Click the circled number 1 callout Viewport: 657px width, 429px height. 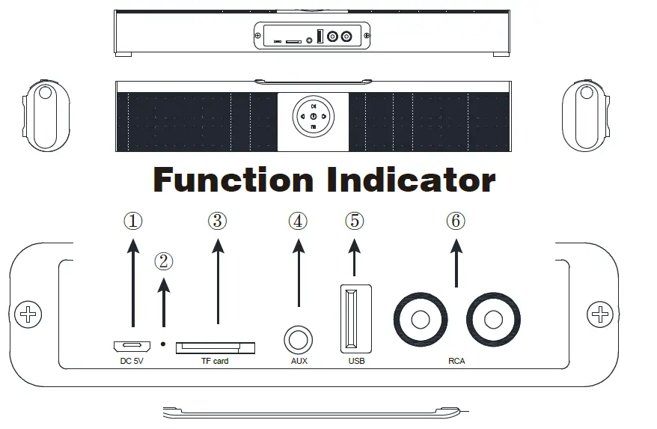[x=132, y=221]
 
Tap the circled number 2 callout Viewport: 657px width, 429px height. [x=164, y=261]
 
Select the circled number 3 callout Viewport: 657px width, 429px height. [x=217, y=221]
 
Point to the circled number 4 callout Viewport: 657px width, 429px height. [x=298, y=221]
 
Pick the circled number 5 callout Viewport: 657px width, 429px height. [x=354, y=221]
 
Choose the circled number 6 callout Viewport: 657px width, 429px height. [x=456, y=221]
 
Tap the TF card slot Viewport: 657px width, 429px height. [x=216, y=347]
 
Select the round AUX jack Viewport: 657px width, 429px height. [x=298, y=341]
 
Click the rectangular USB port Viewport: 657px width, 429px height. [x=354, y=318]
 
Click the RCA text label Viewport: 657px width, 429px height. [x=456, y=362]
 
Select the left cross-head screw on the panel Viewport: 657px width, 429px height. [x=29, y=314]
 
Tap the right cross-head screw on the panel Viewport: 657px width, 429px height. [x=599, y=314]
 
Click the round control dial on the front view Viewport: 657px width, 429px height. [x=313, y=116]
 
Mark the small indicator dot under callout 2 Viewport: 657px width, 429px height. [x=164, y=344]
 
